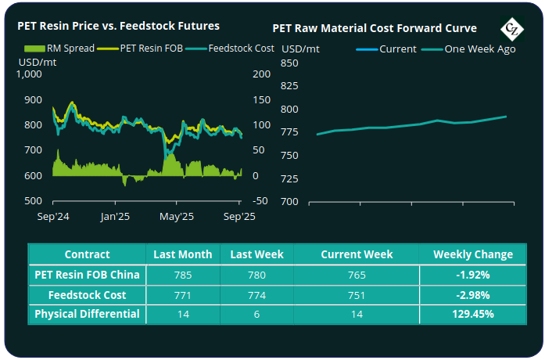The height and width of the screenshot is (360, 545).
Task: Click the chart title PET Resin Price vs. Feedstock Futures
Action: pos(118,26)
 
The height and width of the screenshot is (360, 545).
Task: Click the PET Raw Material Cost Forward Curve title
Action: pos(375,28)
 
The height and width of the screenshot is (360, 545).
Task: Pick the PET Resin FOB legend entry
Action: pos(153,49)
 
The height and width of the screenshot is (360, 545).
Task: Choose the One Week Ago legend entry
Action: pos(469,49)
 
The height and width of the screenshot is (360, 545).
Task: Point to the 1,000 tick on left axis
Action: pos(29,75)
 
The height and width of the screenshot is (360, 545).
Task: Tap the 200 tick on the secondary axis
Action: pos(261,75)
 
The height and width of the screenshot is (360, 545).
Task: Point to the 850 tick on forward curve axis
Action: pos(289,63)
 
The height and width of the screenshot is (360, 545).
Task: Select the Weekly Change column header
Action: pos(473,254)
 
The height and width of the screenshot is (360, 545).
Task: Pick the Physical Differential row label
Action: pos(88,314)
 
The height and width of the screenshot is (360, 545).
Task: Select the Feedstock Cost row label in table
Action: pos(88,294)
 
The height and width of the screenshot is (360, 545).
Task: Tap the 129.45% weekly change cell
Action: pos(473,314)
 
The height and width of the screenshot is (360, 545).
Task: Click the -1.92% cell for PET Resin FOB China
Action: pos(473,275)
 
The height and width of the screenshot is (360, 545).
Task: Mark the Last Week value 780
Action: pos(252,275)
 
